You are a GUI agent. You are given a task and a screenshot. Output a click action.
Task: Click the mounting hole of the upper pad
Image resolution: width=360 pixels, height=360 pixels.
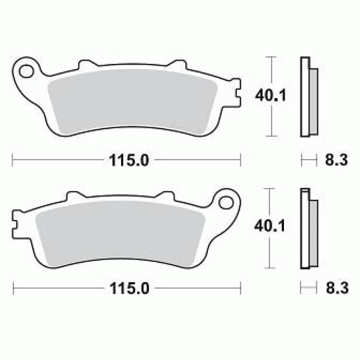point(27,71)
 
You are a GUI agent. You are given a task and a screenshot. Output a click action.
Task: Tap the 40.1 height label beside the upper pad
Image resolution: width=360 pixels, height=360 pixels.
point(271,95)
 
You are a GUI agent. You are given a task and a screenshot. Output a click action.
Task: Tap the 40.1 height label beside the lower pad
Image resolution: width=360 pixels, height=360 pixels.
point(270,226)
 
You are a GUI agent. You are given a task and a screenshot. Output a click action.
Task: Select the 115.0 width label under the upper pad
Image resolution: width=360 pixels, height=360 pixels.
point(129,160)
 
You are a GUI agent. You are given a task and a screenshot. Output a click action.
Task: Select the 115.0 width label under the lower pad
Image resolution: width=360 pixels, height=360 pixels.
point(130,288)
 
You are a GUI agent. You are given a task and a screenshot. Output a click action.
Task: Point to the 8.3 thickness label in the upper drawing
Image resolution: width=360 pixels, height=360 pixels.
point(336,160)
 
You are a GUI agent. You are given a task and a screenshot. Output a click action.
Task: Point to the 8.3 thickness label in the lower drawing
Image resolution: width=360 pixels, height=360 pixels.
point(337,288)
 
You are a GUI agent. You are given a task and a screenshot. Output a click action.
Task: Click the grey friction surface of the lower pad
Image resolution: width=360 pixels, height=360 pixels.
point(121,233)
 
